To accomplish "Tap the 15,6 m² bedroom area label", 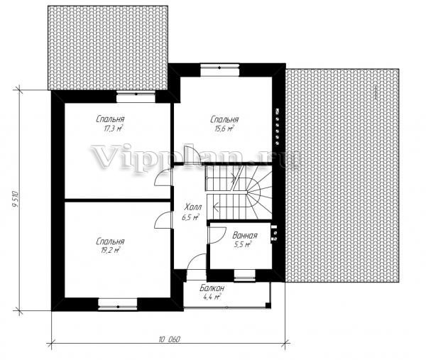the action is point(224,129).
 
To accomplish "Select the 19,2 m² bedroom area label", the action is point(111,250).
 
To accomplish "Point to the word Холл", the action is point(193,207).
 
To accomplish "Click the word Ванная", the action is point(245,235).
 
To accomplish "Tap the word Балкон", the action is point(212,288).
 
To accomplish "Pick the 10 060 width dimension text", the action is point(169,339).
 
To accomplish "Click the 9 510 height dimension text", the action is point(16,200).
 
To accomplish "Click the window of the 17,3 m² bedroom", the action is point(136,97).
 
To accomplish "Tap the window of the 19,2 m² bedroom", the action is point(118,305).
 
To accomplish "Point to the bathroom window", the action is point(244,276).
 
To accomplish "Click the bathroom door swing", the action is point(217,235).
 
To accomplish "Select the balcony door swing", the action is point(197,261).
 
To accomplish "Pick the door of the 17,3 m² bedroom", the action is point(163,177).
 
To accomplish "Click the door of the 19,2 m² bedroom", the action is point(163,220).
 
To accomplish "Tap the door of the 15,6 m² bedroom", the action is point(192,155).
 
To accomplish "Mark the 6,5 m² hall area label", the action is point(190,217).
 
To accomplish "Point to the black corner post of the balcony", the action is point(268,305).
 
